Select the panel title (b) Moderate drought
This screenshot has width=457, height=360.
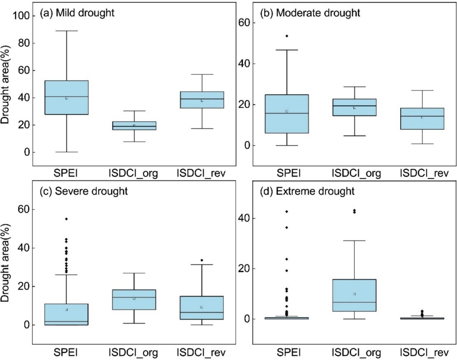309,13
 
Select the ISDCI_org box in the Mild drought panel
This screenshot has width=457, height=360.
134,126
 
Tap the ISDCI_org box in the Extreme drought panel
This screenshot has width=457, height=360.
354,295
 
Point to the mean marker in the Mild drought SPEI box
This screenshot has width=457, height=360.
66,98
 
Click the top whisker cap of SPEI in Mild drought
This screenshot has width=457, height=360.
66,31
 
